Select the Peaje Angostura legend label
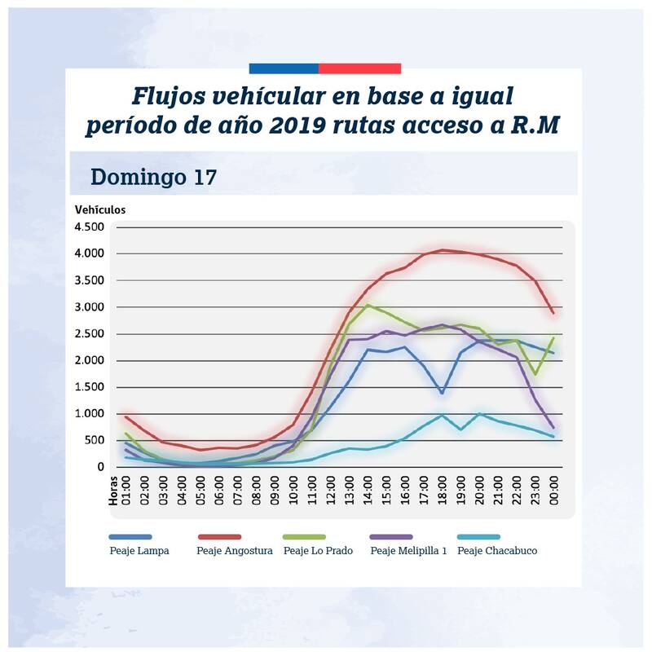pyautogui.click(x=234, y=551)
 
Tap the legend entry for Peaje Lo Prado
pyautogui.click(x=318, y=551)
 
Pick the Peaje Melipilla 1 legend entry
pyautogui.click(x=408, y=551)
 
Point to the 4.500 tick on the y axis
pyautogui.click(x=90, y=227)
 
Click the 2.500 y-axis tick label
pyautogui.click(x=90, y=334)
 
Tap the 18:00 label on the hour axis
pyautogui.click(x=442, y=491)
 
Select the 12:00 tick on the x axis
pyautogui.click(x=330, y=491)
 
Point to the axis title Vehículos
pyautogui.click(x=100, y=209)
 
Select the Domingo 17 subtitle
pyautogui.click(x=153, y=176)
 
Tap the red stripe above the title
pyautogui.click(x=359, y=68)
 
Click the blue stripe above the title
pyautogui.click(x=283, y=68)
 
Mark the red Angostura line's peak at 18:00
pyautogui.click(x=442, y=250)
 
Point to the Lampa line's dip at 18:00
pyautogui.click(x=442, y=393)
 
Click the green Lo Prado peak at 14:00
pyautogui.click(x=368, y=306)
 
